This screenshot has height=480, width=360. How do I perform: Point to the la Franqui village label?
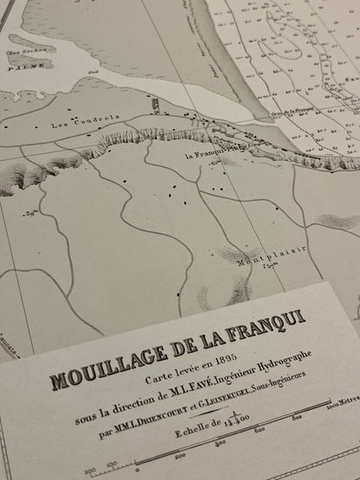[x=209, y=157]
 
